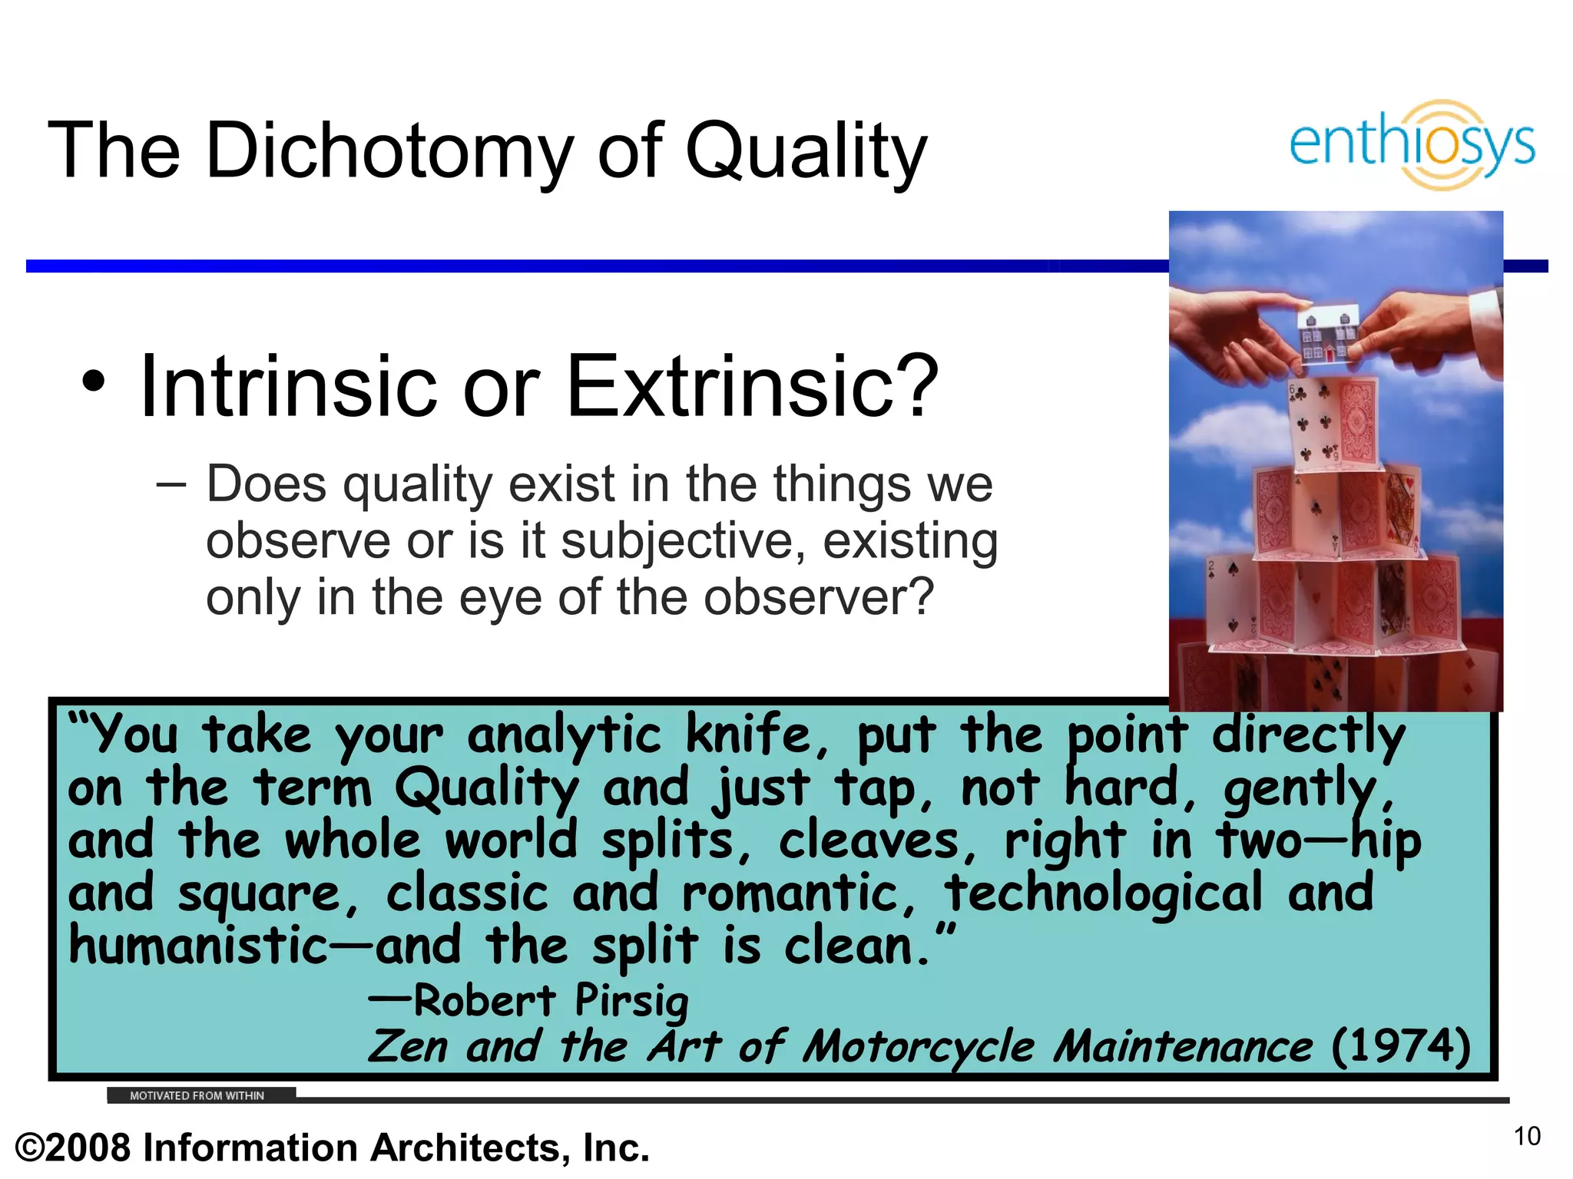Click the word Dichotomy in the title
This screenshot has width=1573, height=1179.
tap(389, 151)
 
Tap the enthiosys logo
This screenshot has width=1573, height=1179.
tap(1412, 144)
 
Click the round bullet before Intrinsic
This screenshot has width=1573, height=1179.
tap(93, 381)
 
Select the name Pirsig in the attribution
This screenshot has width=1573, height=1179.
tap(631, 1001)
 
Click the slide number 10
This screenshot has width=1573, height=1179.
tap(1527, 1136)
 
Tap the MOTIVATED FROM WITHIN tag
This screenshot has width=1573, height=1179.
tap(197, 1095)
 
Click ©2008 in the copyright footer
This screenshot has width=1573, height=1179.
tap(73, 1148)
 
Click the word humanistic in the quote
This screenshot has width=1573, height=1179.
tap(198, 946)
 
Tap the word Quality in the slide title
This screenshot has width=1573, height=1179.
tap(806, 151)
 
